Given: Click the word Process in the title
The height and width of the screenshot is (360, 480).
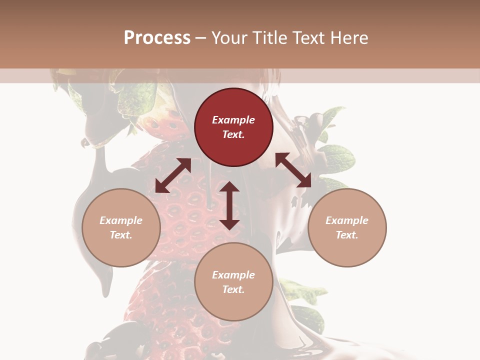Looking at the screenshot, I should coord(157,38).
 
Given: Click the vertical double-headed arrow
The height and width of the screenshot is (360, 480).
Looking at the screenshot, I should coord(229,205).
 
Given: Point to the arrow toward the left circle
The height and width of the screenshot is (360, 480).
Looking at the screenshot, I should coord(173,175).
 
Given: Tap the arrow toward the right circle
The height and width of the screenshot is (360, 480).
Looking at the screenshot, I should coord(293,170).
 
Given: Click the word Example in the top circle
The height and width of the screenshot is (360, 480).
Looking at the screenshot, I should coord(233,120).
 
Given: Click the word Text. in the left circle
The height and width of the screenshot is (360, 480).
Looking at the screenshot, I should coord(121,235).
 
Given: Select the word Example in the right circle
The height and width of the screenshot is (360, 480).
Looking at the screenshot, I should coord(347,220).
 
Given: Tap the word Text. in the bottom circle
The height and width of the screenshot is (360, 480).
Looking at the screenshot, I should coord(233,289).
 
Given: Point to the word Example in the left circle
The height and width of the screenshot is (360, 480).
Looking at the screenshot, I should coord(121,220).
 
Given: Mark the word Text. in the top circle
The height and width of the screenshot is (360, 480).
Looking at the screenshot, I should coord(233,134).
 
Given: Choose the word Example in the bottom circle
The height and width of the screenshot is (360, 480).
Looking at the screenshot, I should coord(233,275).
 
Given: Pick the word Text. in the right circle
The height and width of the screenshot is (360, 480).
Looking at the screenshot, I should coord(347,235).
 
